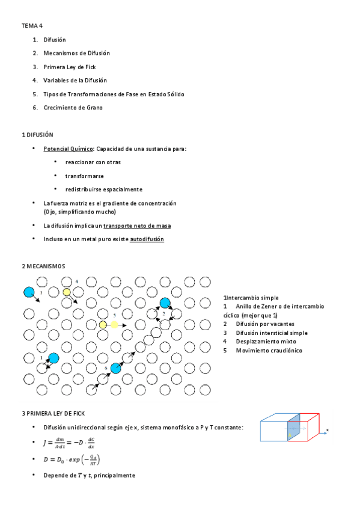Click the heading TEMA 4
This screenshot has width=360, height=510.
[x=32, y=26]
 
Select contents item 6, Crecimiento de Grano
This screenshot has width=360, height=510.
[x=73, y=108]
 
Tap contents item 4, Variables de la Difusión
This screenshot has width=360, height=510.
[x=75, y=81]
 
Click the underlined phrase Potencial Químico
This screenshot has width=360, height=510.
[x=68, y=149]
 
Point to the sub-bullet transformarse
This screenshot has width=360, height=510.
[x=84, y=176]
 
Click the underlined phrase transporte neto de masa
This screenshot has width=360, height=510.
[x=137, y=226]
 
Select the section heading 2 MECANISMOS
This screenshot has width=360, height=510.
[x=43, y=266]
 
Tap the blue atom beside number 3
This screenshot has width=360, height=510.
[x=29, y=292]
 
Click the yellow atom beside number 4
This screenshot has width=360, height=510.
[x=67, y=292]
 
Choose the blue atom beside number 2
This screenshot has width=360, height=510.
[x=165, y=303]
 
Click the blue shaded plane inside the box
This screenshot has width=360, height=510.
[x=294, y=431]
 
